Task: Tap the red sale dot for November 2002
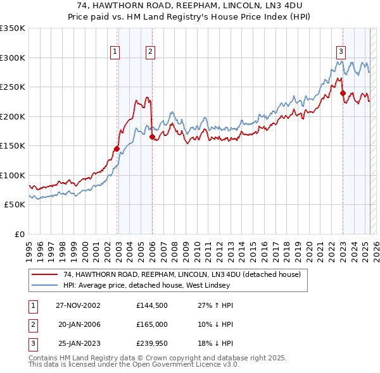pos(117,149)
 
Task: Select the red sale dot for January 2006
pos(152,137)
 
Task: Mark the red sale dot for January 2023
pos(343,93)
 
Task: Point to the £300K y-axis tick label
pos(13,58)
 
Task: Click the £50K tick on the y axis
pos(14,205)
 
